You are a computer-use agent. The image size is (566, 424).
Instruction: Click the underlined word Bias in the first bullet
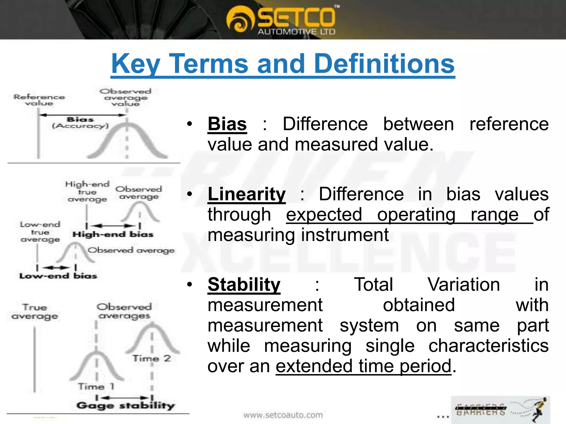pyautogui.click(x=227, y=124)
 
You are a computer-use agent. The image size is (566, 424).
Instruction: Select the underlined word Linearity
pyautogui.click(x=247, y=194)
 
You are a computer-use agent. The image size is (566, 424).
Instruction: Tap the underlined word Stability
pyautogui.click(x=244, y=285)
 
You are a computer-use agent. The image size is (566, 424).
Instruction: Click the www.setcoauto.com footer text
pyautogui.click(x=283, y=415)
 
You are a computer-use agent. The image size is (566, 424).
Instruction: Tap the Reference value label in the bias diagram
pyautogui.click(x=39, y=100)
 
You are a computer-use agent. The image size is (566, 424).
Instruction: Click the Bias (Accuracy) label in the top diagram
pyautogui.click(x=80, y=123)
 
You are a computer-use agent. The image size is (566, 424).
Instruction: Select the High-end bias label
pyautogui.click(x=113, y=234)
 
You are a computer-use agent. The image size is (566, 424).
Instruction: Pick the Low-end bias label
pyautogui.click(x=58, y=276)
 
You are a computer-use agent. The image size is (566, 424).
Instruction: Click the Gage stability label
pyautogui.click(x=126, y=406)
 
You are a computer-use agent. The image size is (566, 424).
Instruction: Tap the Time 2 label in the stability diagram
pyautogui.click(x=151, y=358)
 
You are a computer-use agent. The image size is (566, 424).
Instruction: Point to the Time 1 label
pyautogui.click(x=96, y=386)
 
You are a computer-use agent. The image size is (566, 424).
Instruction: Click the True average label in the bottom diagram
pyautogui.click(x=35, y=312)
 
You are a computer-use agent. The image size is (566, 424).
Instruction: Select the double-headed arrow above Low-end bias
pyautogui.click(x=56, y=267)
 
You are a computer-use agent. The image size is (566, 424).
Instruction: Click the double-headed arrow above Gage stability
pyautogui.click(x=124, y=397)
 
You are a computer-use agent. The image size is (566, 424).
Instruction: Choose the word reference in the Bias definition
pyautogui.click(x=509, y=124)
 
